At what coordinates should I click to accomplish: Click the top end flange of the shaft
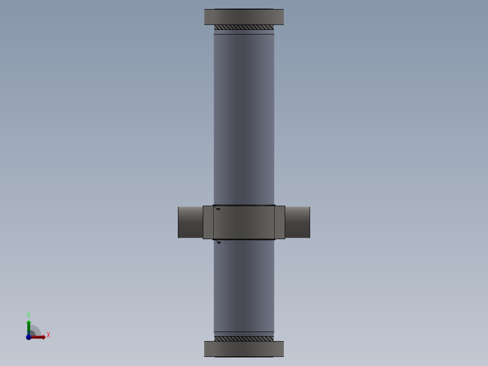244,17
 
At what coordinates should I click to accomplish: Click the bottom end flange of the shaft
244,349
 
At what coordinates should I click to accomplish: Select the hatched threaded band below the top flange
244,27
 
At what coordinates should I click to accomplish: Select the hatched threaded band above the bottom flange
244,338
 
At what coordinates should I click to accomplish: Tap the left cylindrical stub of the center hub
190,222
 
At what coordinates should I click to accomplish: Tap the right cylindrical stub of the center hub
297,222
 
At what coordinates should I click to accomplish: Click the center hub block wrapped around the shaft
244,222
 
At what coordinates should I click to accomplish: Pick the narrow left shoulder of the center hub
208,222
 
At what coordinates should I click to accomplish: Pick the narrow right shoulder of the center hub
280,222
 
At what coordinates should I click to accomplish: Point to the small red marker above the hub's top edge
218,209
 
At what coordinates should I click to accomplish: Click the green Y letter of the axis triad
28,314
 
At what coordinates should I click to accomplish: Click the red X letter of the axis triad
48,335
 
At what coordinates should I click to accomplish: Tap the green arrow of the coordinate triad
29,325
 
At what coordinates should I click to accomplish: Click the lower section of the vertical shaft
244,285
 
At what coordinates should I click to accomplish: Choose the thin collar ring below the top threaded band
244,32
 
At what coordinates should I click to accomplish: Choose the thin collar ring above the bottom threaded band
244,334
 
